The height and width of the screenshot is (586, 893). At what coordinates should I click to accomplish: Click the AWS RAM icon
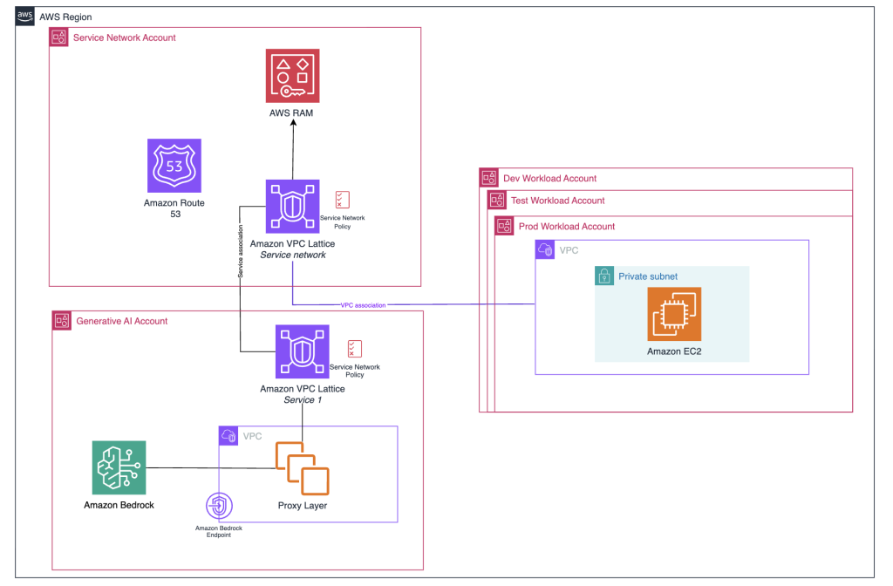point(292,76)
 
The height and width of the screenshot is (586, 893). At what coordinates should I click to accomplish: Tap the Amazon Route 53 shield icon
point(174,165)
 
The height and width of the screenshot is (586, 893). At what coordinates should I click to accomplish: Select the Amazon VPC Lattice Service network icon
point(292,207)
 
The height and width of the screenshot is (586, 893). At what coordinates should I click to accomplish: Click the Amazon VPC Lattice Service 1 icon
point(302,351)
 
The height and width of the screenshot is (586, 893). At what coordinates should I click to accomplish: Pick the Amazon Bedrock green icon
point(119,467)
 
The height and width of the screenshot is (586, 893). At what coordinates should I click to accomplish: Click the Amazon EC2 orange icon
point(674,313)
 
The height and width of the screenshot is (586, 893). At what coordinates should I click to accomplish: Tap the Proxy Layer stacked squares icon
point(302,469)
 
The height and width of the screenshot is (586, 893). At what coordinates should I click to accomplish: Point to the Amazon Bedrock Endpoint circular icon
point(219,507)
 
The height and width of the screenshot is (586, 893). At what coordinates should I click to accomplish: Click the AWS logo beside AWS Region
point(25,16)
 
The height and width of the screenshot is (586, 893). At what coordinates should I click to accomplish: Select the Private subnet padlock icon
point(603,276)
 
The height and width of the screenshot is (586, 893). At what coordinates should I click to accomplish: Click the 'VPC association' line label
point(364,304)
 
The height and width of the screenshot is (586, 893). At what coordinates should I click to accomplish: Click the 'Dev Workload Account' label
point(549,178)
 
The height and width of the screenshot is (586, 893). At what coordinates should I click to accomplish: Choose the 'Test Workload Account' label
point(557,201)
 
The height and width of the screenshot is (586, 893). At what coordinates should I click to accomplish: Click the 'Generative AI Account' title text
point(121,321)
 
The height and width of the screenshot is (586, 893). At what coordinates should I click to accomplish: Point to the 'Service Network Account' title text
point(124,37)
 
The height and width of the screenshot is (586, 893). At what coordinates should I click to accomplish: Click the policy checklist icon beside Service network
point(343,199)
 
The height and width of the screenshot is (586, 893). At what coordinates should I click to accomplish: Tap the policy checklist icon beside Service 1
point(355,349)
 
